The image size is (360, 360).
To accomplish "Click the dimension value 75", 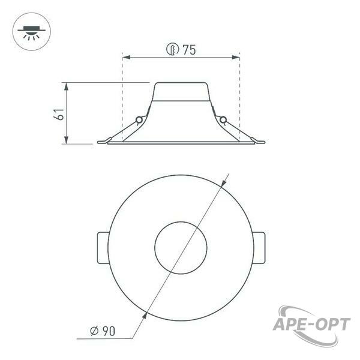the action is pyautogui.click(x=189, y=50).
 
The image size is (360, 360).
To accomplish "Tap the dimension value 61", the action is pyautogui.click(x=59, y=113).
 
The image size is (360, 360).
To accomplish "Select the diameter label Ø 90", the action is pyautogui.click(x=103, y=331).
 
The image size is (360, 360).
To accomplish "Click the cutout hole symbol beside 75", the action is pyautogui.click(x=172, y=49).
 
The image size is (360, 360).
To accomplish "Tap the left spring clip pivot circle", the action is pyautogui.click(x=139, y=119).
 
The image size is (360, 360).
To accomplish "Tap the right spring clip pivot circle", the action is pyautogui.click(x=223, y=119).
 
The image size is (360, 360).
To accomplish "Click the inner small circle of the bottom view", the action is pyautogui.click(x=181, y=248).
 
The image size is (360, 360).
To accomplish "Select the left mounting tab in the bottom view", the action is pyautogui.click(x=103, y=248).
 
